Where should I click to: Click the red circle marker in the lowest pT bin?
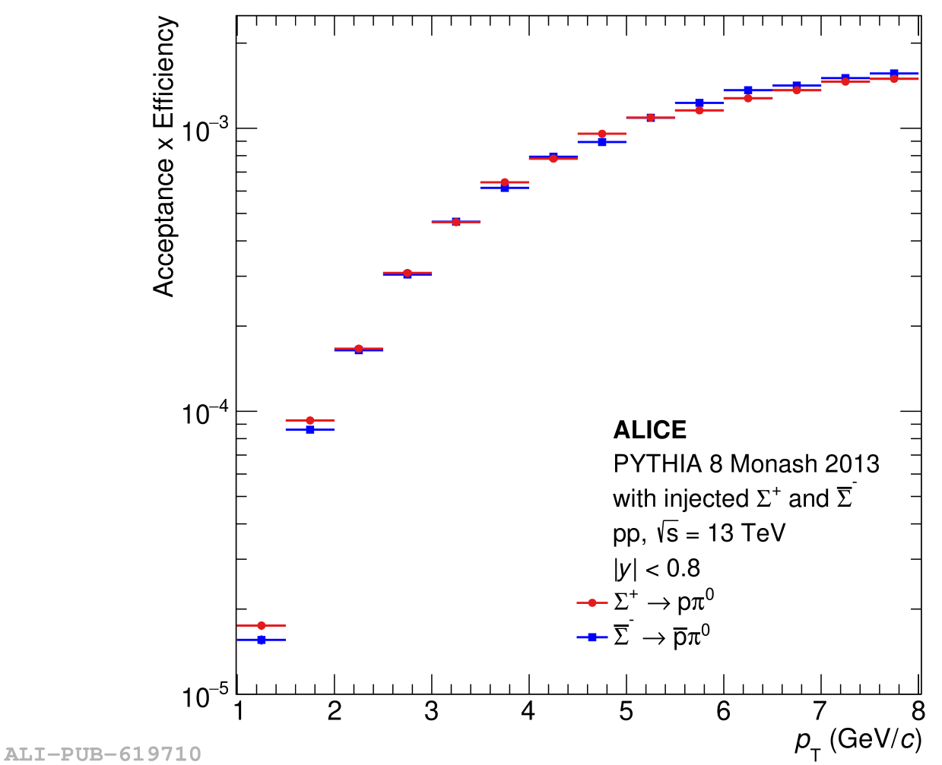[x=262, y=625]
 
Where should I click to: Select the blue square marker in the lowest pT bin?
[x=262, y=640]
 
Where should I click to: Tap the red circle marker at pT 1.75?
[x=310, y=420]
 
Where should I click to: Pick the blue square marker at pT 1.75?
[x=310, y=429]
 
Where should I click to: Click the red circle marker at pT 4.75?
[x=602, y=134]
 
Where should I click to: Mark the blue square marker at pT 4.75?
[x=602, y=142]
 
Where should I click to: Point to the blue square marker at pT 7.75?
[x=894, y=73]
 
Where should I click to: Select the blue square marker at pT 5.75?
[x=699, y=103]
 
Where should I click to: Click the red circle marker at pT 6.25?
[x=748, y=98]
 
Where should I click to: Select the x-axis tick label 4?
[x=528, y=712]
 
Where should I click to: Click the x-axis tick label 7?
[x=820, y=712]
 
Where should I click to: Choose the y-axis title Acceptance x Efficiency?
[x=164, y=156]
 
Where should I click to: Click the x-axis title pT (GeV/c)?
[x=858, y=741]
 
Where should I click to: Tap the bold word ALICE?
[x=650, y=430]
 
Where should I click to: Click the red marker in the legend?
[x=592, y=603]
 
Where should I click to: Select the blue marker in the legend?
[x=592, y=637]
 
